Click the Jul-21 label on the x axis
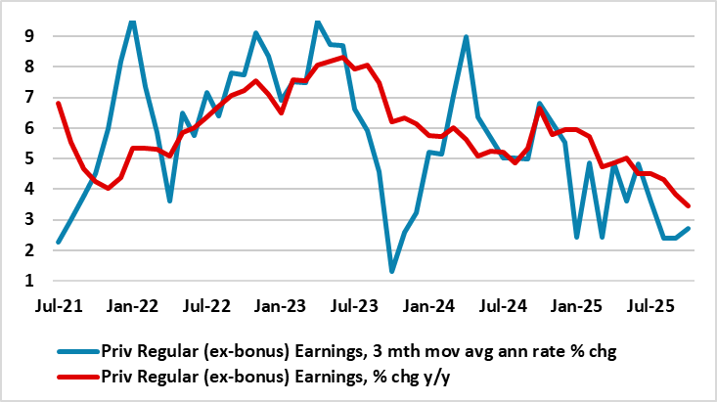tap(59, 304)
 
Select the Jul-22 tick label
tap(206, 304)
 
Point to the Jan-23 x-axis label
tap(281, 304)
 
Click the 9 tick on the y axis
tap(31, 36)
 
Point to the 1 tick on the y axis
tap(31, 282)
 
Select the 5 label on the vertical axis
tap(31, 158)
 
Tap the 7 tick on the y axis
tap(31, 97)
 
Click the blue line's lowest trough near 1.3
tap(391, 271)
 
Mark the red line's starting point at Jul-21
tap(60, 104)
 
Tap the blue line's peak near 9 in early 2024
tap(466, 37)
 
